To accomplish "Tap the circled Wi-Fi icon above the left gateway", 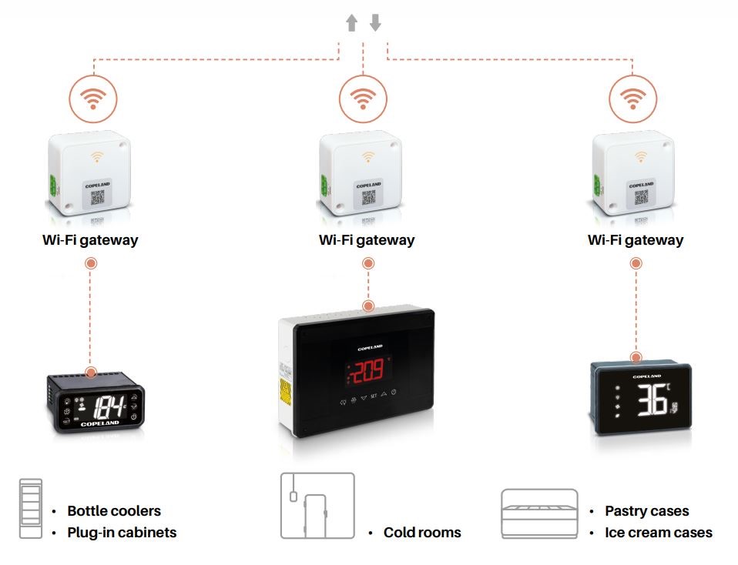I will click(93, 99).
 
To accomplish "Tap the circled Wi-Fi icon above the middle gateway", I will click(363, 99).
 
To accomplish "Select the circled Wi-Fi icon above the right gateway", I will click(633, 99).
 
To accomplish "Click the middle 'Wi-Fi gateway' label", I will click(367, 239).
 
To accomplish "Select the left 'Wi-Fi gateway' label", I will click(90, 239).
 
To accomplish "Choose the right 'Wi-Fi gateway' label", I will click(636, 239).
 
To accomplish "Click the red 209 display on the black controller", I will click(368, 373).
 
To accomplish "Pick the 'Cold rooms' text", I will click(422, 532).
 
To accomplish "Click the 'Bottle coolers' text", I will click(114, 510).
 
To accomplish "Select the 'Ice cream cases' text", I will click(659, 532).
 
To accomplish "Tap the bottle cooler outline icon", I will click(32, 507).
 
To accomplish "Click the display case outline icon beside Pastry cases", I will click(539, 513).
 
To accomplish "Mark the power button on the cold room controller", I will click(393, 394).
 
